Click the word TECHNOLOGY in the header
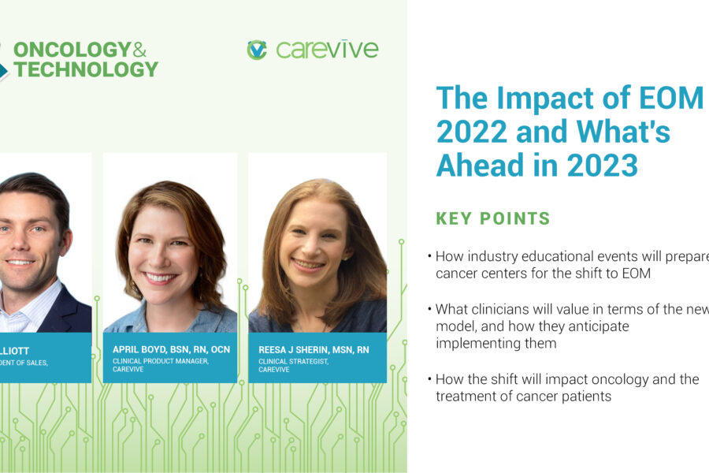[85, 69]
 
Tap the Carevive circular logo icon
[257, 50]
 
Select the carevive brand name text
[327, 50]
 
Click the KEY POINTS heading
[493, 218]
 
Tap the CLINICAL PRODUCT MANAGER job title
[159, 360]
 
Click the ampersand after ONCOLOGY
[139, 49]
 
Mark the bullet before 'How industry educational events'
[429, 257]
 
